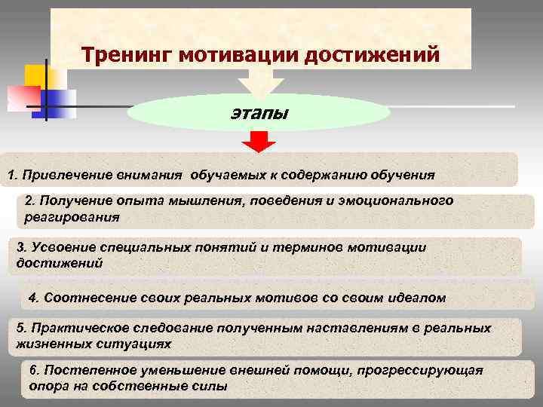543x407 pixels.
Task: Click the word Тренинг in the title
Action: [121, 54]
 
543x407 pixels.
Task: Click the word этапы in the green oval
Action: [259, 114]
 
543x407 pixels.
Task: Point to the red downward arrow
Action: [259, 141]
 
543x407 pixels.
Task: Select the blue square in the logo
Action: [62, 99]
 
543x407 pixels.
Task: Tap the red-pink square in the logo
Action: [23, 96]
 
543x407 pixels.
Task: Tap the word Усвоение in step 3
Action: [61, 248]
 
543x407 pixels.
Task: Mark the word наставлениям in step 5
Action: [355, 329]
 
